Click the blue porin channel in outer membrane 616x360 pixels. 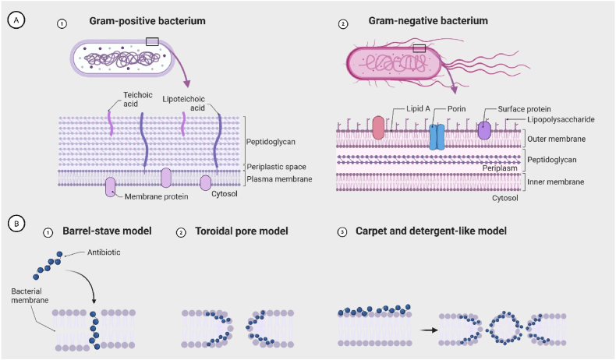point(437,136)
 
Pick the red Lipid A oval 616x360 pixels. point(378,128)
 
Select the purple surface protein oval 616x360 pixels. point(484,131)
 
